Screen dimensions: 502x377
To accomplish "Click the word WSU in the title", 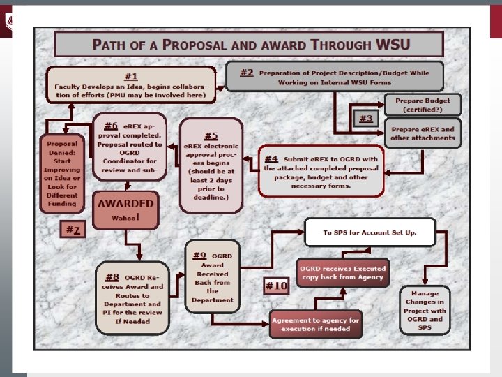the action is pos(393,45).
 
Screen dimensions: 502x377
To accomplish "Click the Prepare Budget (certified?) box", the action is pos(423,105).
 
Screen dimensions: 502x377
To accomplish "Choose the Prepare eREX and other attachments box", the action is pos(423,133).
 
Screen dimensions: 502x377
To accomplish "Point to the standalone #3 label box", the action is pos(366,119).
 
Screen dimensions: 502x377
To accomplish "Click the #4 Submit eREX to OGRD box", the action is pos(321,170).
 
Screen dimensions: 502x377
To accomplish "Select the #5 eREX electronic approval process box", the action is pos(211,165).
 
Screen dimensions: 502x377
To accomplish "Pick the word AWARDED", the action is pos(125,203).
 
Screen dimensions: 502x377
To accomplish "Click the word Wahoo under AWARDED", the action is pos(125,217).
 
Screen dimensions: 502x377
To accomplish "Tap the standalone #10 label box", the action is pos(276,286).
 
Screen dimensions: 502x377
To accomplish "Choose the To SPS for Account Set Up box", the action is pos(370,232).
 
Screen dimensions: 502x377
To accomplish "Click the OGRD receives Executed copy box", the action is pos(342,272).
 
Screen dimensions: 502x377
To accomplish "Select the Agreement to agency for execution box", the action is pos(315,324).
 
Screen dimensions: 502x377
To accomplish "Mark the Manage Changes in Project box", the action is pos(425,311).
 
